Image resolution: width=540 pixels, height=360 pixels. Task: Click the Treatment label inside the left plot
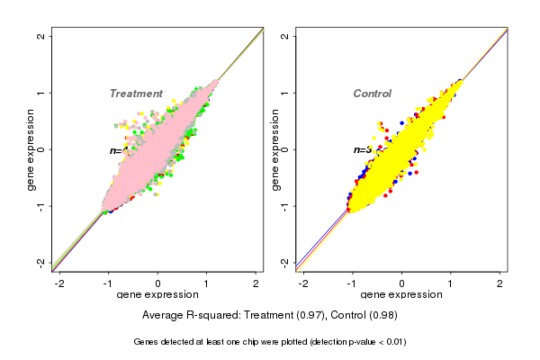point(136,94)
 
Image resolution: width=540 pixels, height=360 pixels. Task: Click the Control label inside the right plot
point(372,94)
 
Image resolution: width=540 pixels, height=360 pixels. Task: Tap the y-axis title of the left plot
point(31,149)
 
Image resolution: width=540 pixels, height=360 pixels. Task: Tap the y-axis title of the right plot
point(275,149)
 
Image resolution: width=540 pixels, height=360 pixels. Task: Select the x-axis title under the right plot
point(401,295)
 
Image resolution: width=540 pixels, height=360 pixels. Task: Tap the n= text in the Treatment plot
point(116,150)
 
